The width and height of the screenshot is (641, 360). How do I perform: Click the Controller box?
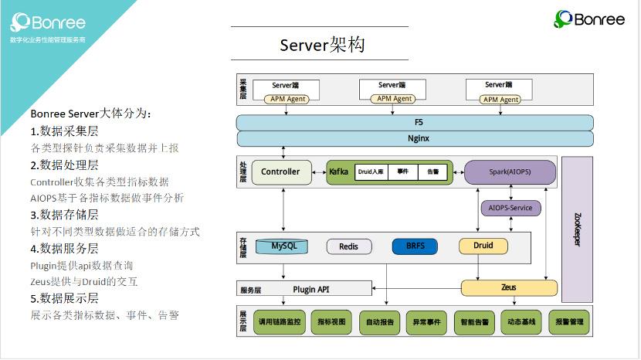click(281, 172)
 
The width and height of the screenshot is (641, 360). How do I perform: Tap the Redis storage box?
click(349, 246)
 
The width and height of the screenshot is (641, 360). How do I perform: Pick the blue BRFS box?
click(415, 246)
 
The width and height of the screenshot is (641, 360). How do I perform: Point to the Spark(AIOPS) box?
click(510, 172)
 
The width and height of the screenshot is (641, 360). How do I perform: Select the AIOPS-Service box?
click(510, 208)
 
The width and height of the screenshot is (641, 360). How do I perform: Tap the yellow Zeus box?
click(509, 287)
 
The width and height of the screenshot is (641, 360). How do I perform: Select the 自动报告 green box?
click(379, 322)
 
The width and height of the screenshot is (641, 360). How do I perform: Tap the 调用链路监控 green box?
click(281, 322)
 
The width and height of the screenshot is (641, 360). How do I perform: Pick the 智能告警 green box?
click(473, 322)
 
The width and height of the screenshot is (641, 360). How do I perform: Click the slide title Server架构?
click(322, 45)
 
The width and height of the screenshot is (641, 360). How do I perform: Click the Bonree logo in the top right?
click(589, 19)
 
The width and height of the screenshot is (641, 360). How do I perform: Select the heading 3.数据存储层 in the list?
click(65, 214)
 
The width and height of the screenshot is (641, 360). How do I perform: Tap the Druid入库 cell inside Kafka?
click(371, 172)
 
